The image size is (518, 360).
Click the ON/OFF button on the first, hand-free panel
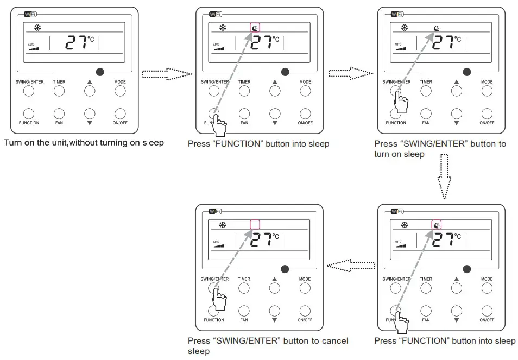click(x=119, y=113)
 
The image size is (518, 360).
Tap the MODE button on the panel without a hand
click(x=119, y=91)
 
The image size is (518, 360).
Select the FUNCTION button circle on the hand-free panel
click(x=29, y=113)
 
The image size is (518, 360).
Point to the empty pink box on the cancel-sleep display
click(x=255, y=224)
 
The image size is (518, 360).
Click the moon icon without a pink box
click(x=437, y=28)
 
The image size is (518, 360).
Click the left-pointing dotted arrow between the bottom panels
click(x=351, y=266)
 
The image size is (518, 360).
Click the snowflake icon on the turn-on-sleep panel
click(x=404, y=28)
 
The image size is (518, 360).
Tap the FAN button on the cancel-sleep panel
click(x=244, y=311)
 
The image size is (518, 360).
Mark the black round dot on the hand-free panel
click(x=100, y=72)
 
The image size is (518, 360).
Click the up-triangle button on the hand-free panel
click(x=89, y=91)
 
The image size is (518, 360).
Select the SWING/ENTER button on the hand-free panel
click(x=29, y=91)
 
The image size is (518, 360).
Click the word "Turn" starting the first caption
click(x=13, y=143)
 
